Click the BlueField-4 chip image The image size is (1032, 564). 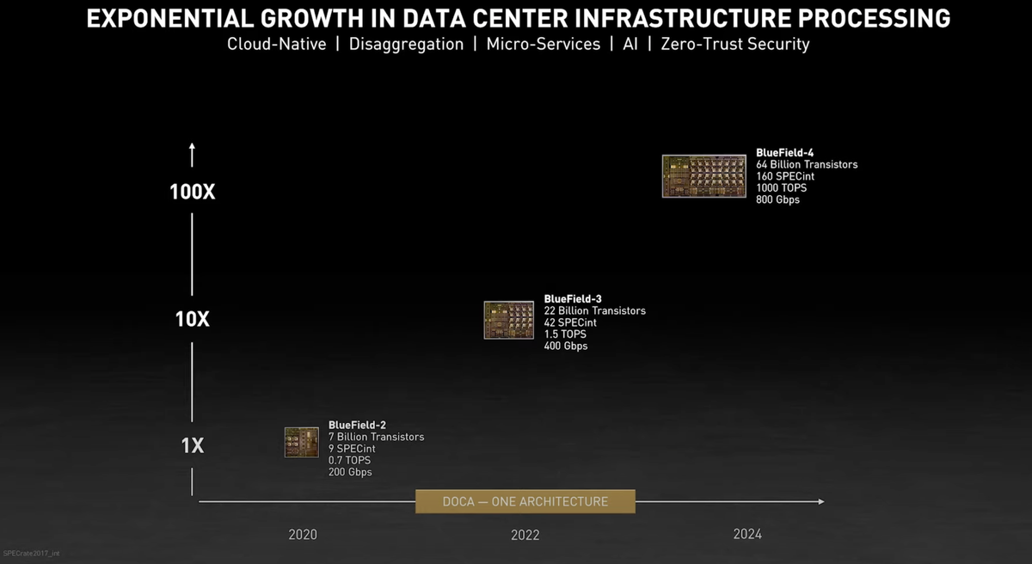[703, 176]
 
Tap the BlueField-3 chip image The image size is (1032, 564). [508, 320]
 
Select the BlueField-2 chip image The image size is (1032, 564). [302, 442]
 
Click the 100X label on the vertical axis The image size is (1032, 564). [192, 192]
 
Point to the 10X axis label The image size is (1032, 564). [192, 319]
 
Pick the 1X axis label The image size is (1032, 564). [192, 446]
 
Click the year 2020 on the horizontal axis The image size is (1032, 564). [302, 535]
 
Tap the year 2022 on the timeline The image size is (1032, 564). [525, 535]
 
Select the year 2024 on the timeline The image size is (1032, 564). [747, 534]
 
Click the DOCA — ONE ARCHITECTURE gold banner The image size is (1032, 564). [525, 501]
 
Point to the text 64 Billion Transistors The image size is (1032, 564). [807, 164]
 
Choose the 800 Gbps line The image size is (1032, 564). [777, 199]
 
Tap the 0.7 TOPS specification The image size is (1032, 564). [349, 460]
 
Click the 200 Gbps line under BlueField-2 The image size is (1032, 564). [350, 472]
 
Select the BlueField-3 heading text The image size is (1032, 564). [573, 298]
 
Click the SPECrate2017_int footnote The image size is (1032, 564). [33, 554]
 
